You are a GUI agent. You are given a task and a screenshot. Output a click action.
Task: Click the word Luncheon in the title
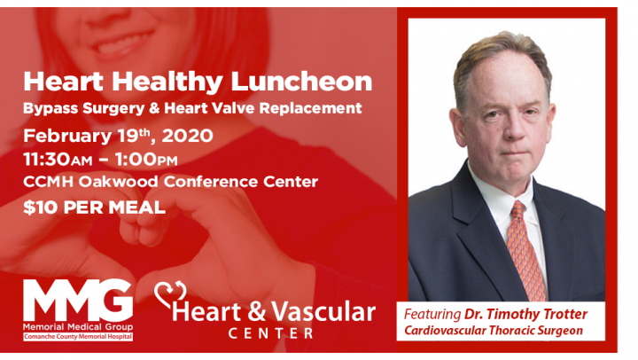pos(301,82)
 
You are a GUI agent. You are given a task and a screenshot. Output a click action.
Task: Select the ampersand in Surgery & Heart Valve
pos(154,108)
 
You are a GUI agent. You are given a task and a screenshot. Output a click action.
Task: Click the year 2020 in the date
pos(188,136)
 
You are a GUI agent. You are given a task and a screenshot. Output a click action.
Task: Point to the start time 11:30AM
pos(58,160)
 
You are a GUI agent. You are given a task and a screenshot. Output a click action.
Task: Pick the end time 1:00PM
pos(146,160)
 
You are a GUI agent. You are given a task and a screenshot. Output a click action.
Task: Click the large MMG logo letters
pos(78,300)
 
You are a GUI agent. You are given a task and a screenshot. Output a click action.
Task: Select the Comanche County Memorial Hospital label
pos(78,337)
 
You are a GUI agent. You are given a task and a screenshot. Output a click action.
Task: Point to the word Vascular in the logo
pos(323,312)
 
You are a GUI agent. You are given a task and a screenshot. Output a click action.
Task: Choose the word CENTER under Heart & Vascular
pos(271,333)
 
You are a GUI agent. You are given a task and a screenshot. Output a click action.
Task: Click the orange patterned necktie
pos(525,250)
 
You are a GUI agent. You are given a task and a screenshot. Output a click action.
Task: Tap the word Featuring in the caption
pos(432,315)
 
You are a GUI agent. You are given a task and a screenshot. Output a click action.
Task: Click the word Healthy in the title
pos(167,82)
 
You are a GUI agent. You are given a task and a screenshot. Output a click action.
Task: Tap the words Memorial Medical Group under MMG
pos(78,326)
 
